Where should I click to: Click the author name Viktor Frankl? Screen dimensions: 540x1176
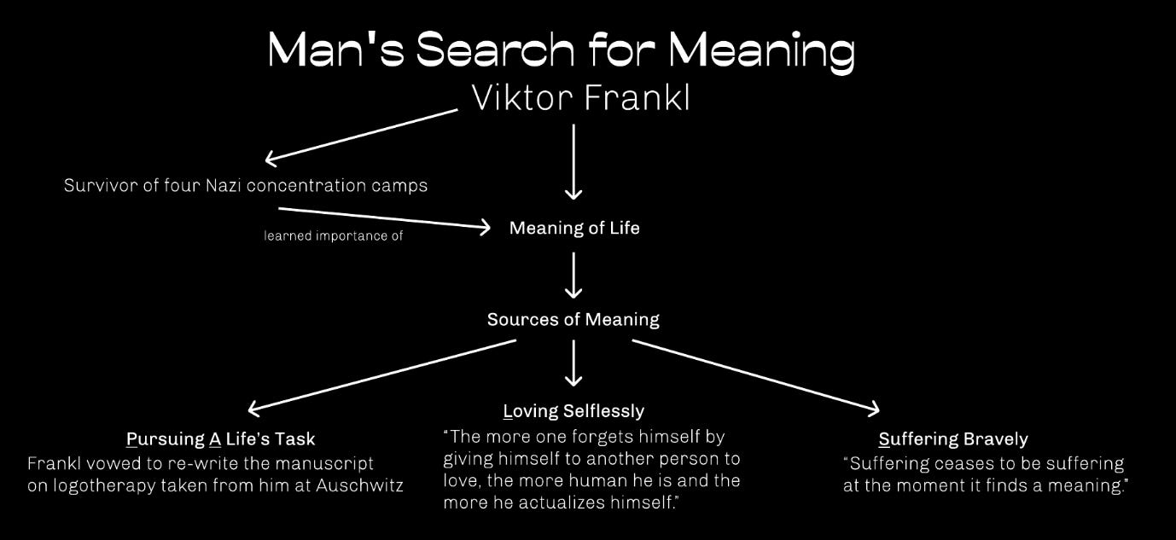click(580, 98)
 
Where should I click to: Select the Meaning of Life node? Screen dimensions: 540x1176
click(574, 228)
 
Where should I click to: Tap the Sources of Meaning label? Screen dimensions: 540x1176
click(573, 319)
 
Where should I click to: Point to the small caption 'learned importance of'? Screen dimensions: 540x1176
click(333, 236)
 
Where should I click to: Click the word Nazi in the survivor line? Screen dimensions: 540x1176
click(223, 185)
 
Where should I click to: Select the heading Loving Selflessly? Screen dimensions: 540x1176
click(573, 411)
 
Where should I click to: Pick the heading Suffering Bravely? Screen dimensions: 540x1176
click(953, 439)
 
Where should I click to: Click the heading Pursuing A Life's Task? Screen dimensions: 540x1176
click(220, 439)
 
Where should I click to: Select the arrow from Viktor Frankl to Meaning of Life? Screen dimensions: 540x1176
click(573, 162)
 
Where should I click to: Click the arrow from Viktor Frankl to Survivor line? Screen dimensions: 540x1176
click(363, 135)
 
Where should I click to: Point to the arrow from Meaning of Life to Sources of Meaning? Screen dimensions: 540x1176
click(573, 275)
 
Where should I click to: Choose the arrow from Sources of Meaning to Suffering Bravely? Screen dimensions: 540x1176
click(755, 375)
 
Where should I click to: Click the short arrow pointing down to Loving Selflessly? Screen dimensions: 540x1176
click(573, 363)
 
